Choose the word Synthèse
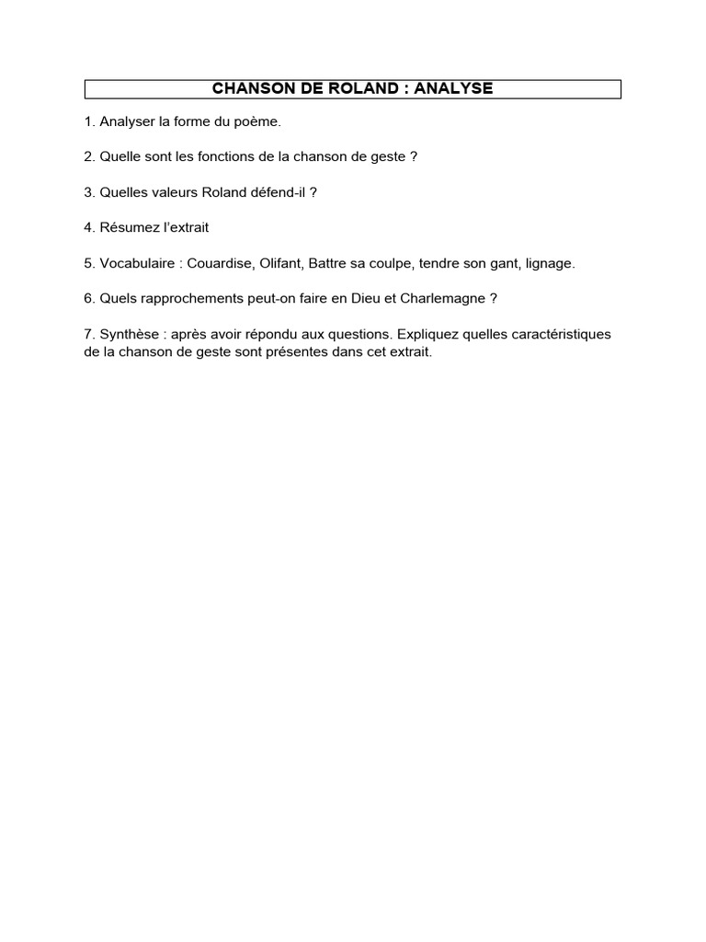tap(130, 333)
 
